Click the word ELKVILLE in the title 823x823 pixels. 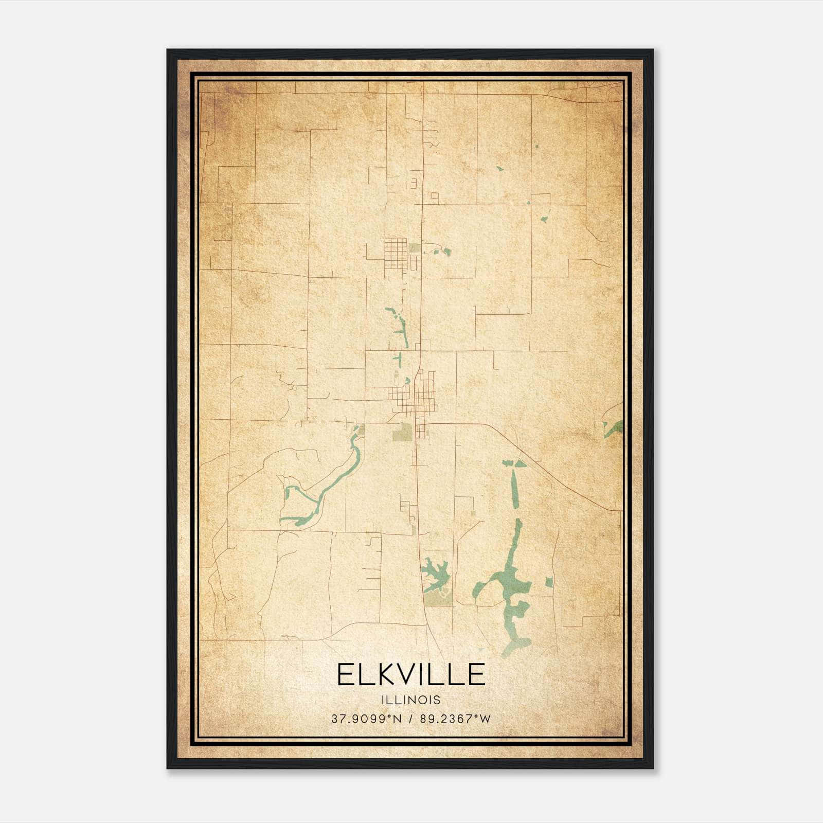click(411, 674)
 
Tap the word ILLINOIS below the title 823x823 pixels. click(411, 700)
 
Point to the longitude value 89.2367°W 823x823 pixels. click(455, 719)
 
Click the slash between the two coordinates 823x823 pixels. click(410, 719)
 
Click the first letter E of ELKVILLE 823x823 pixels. click(346, 674)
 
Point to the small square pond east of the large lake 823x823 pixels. click(549, 582)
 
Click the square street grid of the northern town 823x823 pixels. click(396, 252)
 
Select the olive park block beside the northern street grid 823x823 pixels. click(415, 248)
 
